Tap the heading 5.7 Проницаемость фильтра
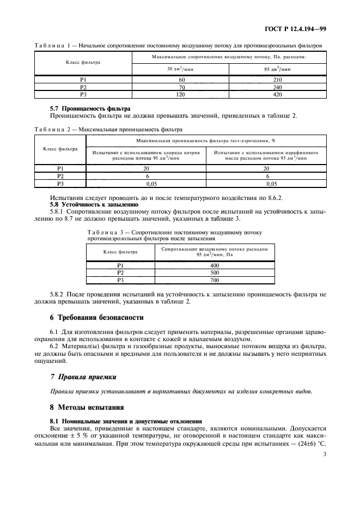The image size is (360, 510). point(90,108)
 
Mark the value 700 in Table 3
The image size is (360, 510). point(214,280)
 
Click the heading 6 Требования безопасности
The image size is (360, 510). point(96,317)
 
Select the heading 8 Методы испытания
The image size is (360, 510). point(87,406)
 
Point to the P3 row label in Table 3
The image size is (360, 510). point(121,280)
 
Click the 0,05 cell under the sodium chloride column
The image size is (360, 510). point(146,184)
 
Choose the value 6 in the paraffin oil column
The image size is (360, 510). point(267,177)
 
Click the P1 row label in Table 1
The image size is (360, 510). point(83,80)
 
